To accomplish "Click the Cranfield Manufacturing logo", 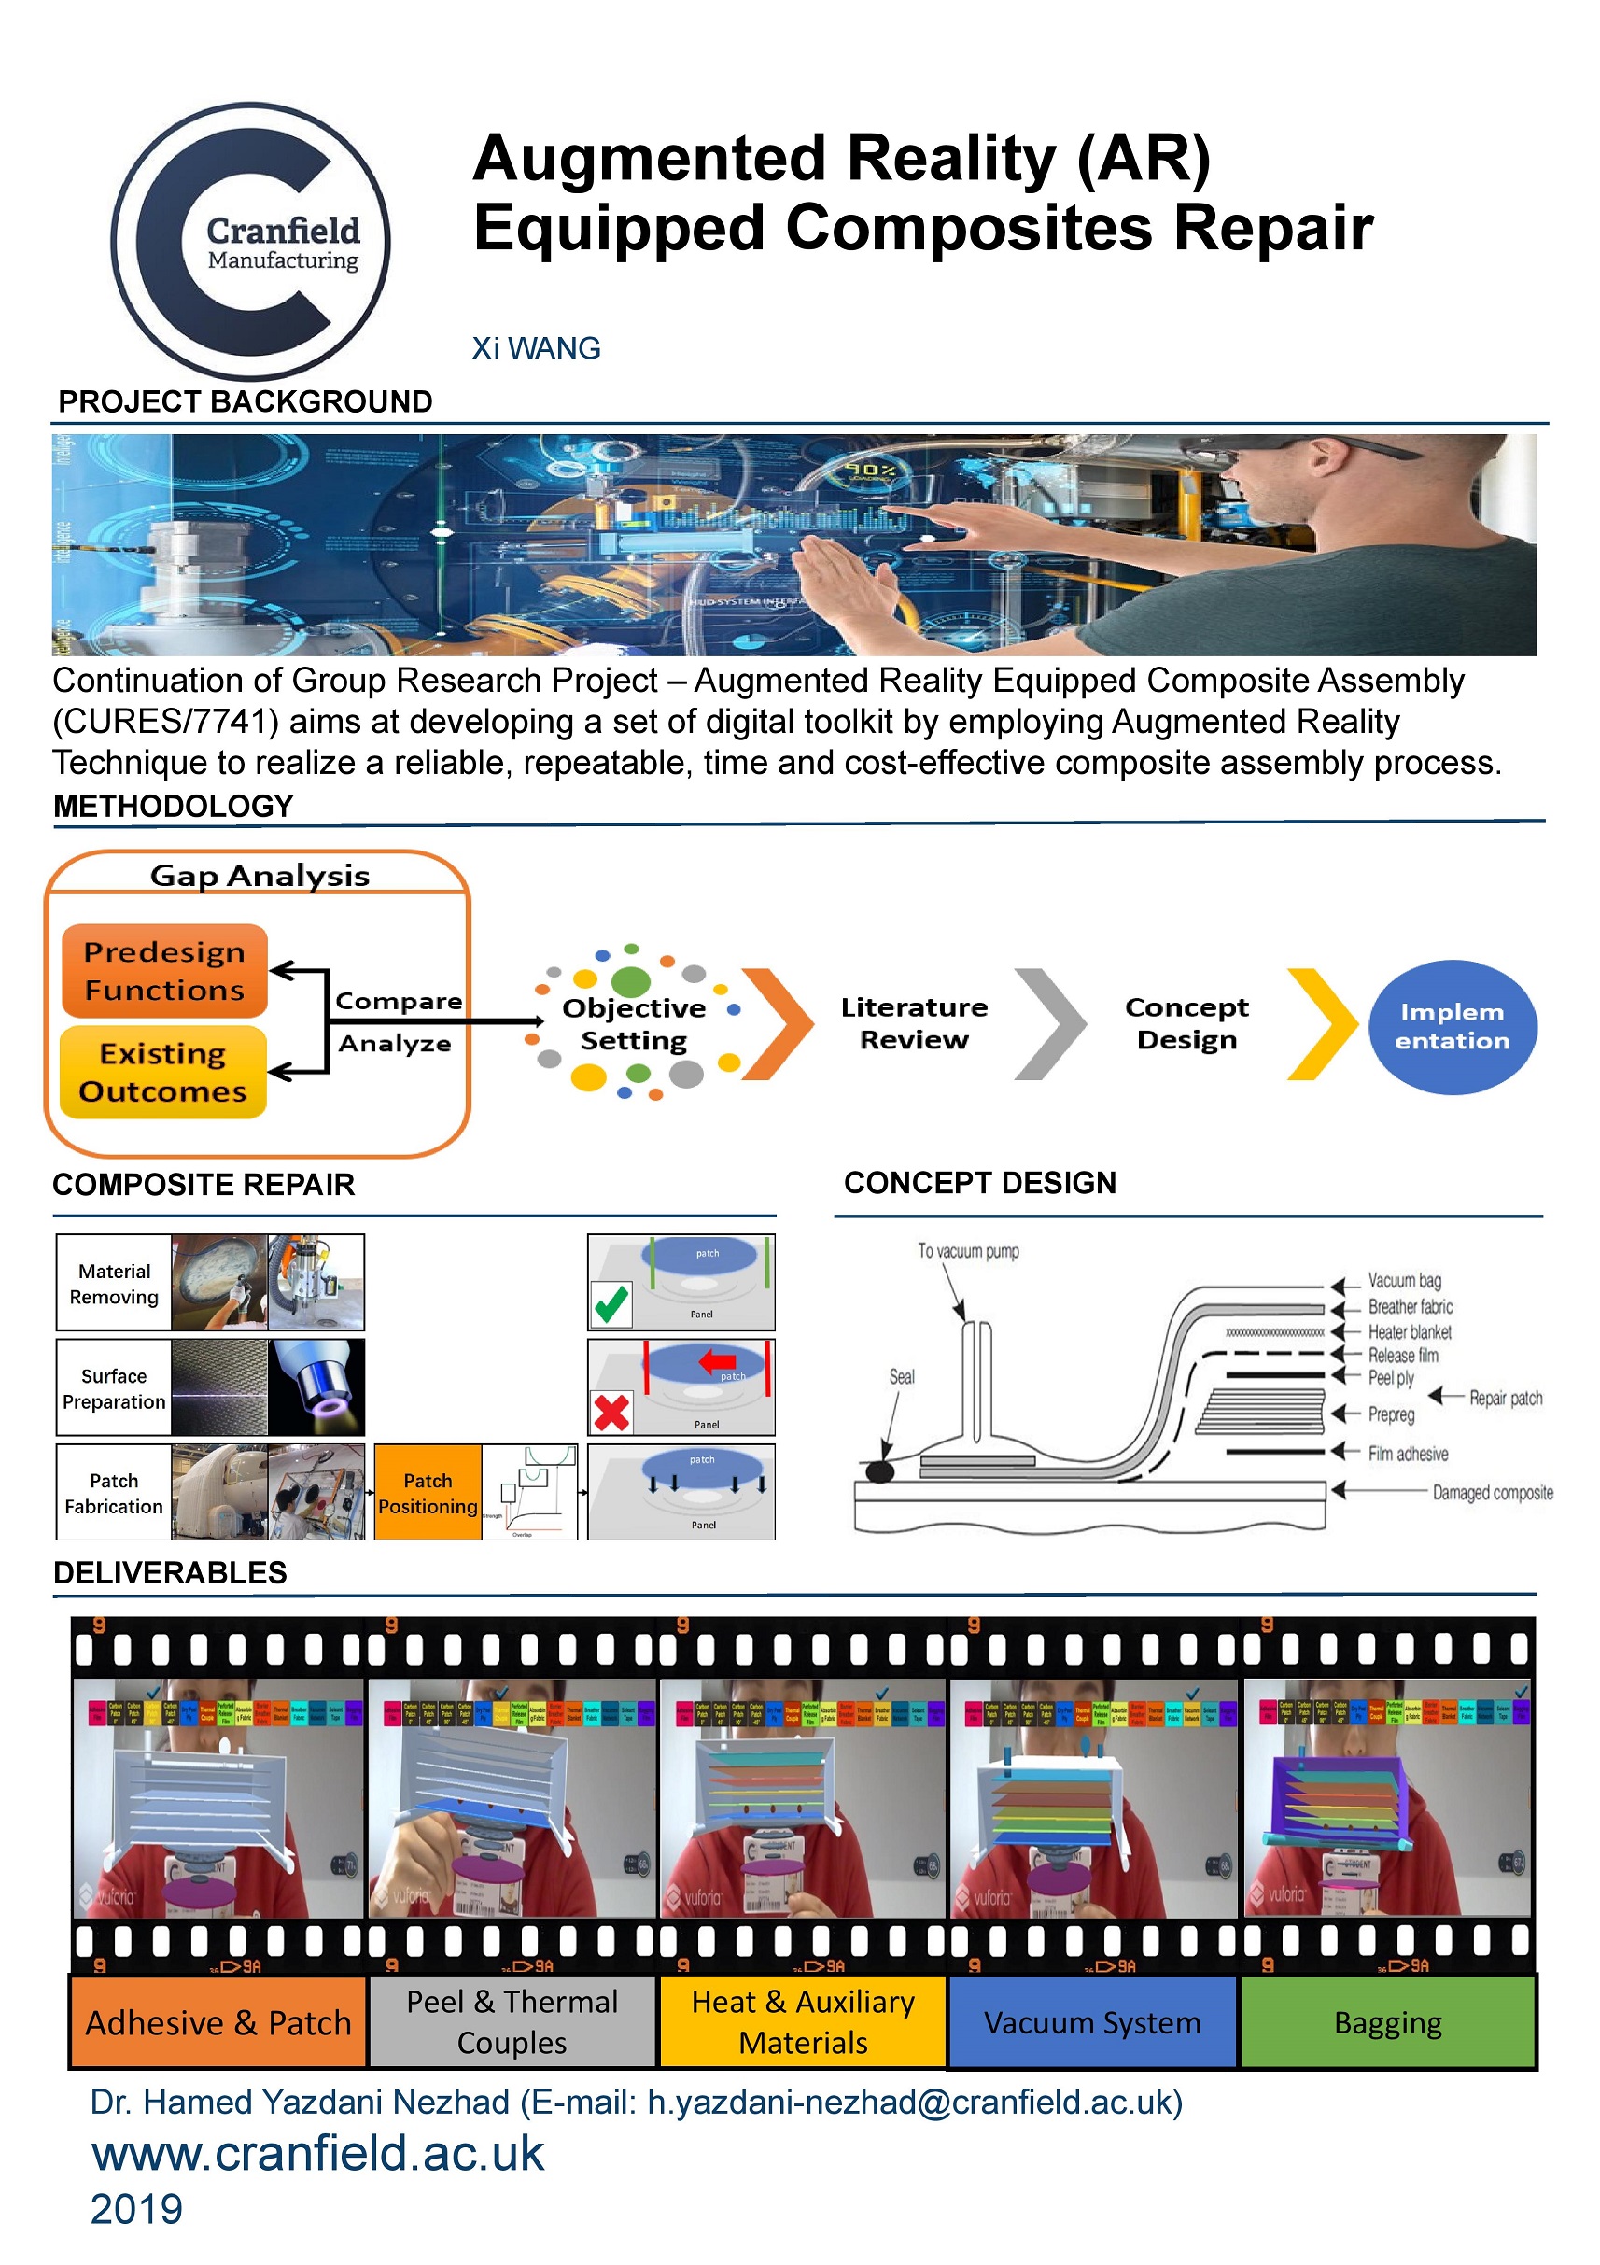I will coord(250,242).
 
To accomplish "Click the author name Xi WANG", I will coord(536,348).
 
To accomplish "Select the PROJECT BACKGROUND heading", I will coord(245,401).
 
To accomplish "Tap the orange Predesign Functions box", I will coord(164,971).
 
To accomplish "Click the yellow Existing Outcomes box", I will coord(162,1073).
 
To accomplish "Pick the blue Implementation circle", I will coord(1452,1027).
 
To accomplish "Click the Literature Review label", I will coord(914,1023).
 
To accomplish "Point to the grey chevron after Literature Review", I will coord(1050,1024).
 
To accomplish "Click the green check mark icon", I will coord(611,1304).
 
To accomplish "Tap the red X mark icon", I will coord(611,1413).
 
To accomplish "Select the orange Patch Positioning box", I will coord(428,1493).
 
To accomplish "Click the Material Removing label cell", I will coord(114,1284).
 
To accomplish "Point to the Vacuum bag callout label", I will coord(1404,1280).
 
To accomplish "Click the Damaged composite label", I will coord(1492,1493).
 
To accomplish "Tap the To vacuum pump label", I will coord(968,1251).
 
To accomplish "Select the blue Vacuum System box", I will coord(1092,2022).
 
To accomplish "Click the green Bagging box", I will coord(1387,2022).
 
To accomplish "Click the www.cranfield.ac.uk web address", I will coord(317,2154).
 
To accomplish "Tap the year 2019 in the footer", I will coord(136,2210).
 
